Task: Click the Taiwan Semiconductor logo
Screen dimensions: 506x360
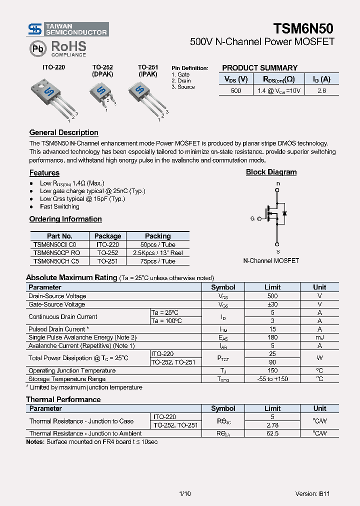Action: click(67, 29)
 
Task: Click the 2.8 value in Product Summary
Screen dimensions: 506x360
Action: click(321, 90)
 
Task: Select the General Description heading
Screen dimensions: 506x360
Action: click(63, 132)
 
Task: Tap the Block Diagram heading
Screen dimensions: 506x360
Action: click(271, 172)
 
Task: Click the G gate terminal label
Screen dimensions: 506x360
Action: click(252, 218)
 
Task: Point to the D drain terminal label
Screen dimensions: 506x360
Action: click(278, 184)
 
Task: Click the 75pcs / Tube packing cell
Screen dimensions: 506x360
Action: click(157, 261)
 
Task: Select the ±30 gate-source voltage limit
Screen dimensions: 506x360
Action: click(272, 304)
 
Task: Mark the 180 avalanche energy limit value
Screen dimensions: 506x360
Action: click(272, 337)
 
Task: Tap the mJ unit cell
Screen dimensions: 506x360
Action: click(319, 337)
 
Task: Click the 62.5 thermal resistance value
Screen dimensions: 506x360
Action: click(272, 433)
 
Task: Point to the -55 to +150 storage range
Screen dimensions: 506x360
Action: click(272, 379)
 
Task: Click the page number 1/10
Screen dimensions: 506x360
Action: click(184, 493)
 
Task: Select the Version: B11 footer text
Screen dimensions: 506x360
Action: click(312, 493)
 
